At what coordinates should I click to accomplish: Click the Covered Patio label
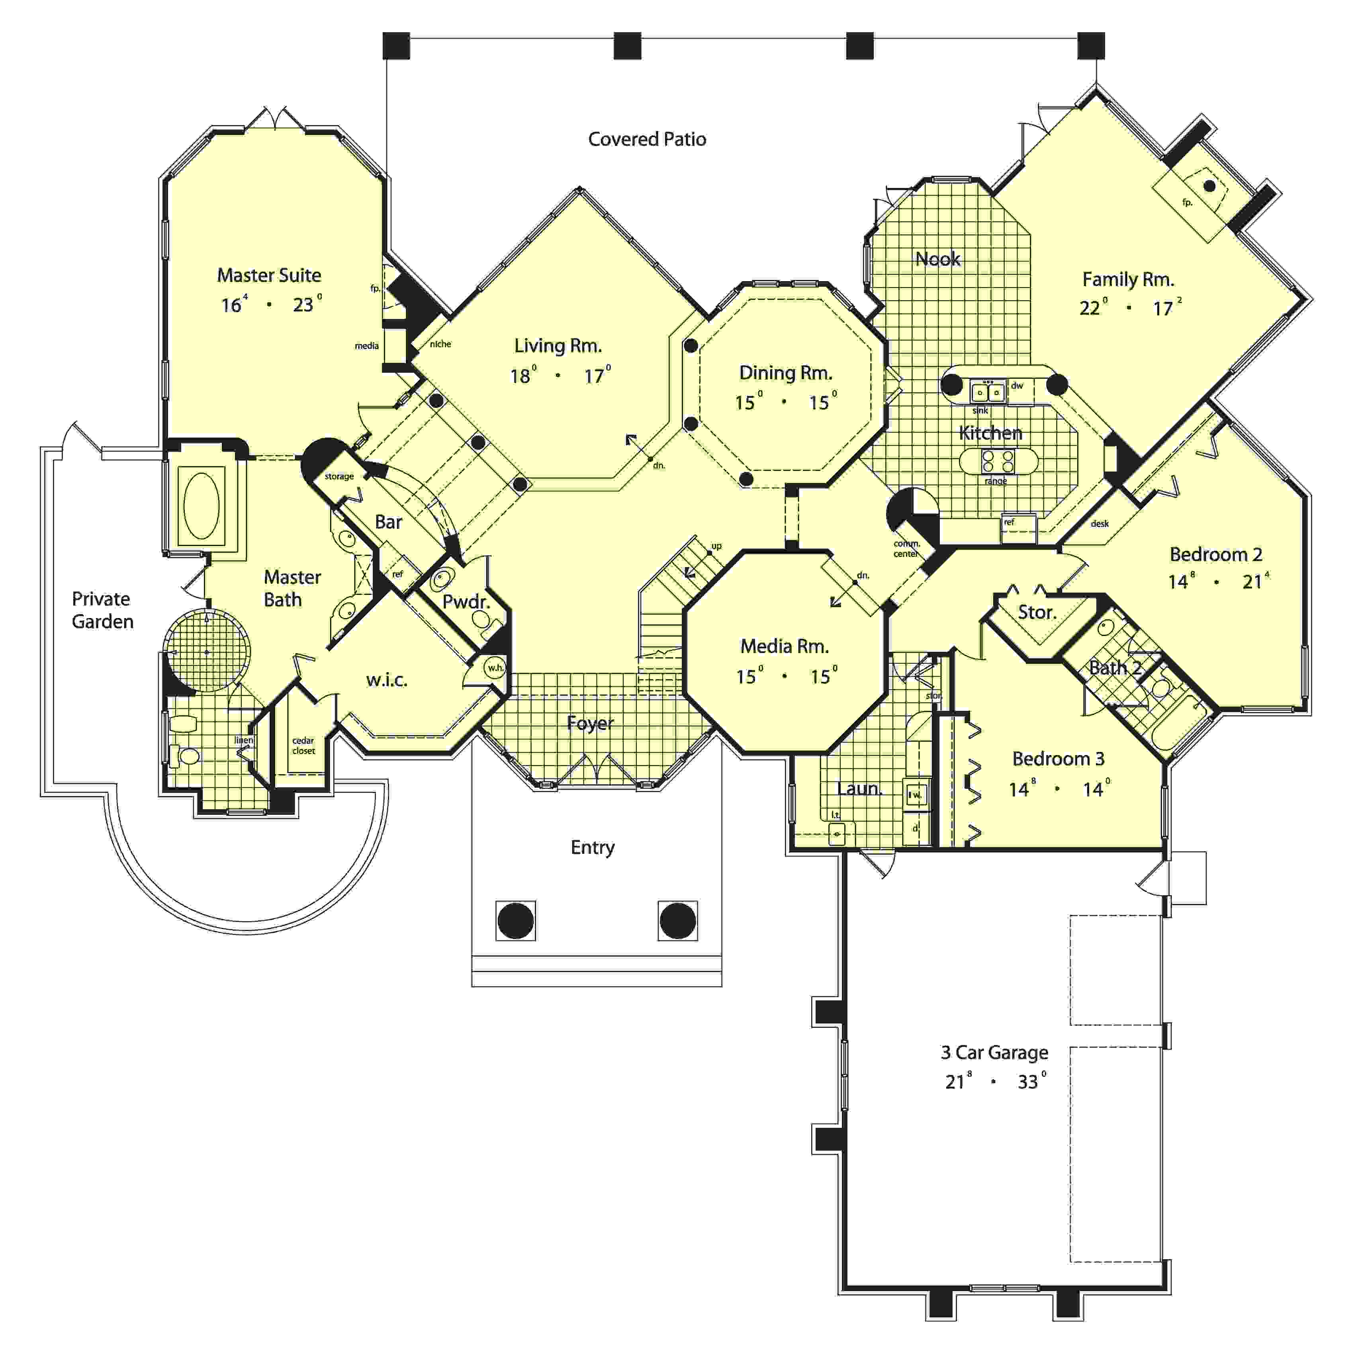tap(646, 139)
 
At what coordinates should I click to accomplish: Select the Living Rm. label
tap(558, 346)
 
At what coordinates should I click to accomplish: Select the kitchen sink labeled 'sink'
tap(988, 393)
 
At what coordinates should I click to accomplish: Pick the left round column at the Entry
tap(515, 920)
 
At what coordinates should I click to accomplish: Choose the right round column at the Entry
tap(678, 920)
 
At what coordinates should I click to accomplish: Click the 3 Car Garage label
tap(994, 1053)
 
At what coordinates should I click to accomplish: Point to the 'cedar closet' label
tap(303, 745)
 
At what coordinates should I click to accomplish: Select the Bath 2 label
tap(1114, 668)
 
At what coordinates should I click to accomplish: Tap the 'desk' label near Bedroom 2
tap(1099, 524)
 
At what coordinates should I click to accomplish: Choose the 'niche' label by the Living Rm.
tap(440, 344)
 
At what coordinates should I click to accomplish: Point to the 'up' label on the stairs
tap(716, 546)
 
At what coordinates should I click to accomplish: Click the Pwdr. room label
tap(466, 601)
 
